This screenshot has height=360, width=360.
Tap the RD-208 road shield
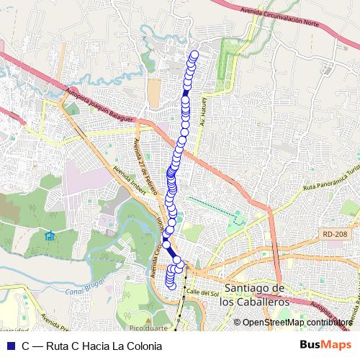coord(332,234)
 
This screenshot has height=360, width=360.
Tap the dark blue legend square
coord(9,346)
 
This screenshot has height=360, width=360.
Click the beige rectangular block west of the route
coord(154,93)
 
